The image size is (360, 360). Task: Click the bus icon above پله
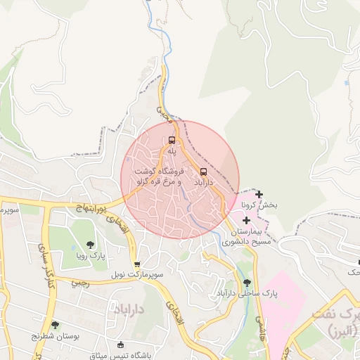pos(172,139)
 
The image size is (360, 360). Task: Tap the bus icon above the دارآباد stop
pos(204,171)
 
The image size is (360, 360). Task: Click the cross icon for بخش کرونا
pos(259,194)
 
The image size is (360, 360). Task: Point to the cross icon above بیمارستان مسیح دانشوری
pos(246,220)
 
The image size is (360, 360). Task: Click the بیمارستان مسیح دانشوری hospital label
pos(251,236)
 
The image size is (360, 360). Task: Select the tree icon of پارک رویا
pos(90,245)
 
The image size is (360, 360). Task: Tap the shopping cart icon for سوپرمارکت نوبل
pos(136,264)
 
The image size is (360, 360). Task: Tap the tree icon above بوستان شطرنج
pos(56,324)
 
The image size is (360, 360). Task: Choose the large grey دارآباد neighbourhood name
pos(129,309)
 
